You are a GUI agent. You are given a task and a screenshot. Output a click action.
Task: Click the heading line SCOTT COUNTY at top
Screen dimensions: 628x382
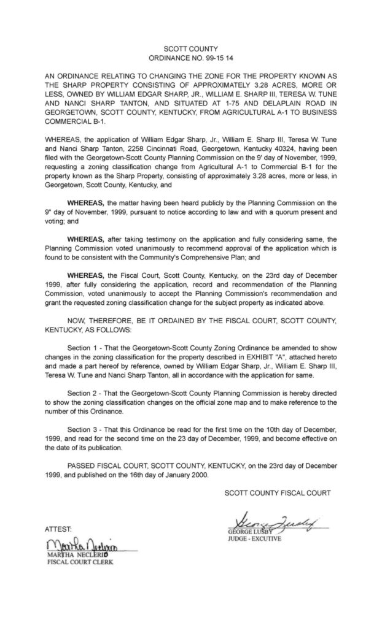coord(191,47)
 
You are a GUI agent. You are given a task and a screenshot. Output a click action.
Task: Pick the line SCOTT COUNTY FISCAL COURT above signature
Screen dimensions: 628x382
coord(278,492)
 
